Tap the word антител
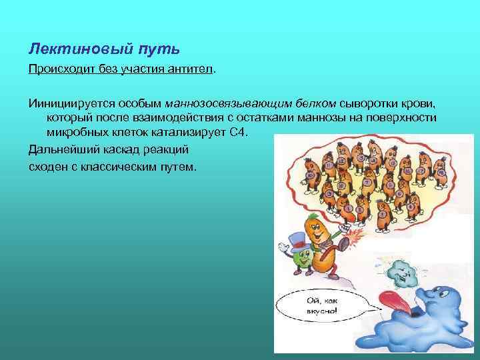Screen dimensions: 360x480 click(x=191, y=70)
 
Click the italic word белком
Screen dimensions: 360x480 click(x=315, y=104)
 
